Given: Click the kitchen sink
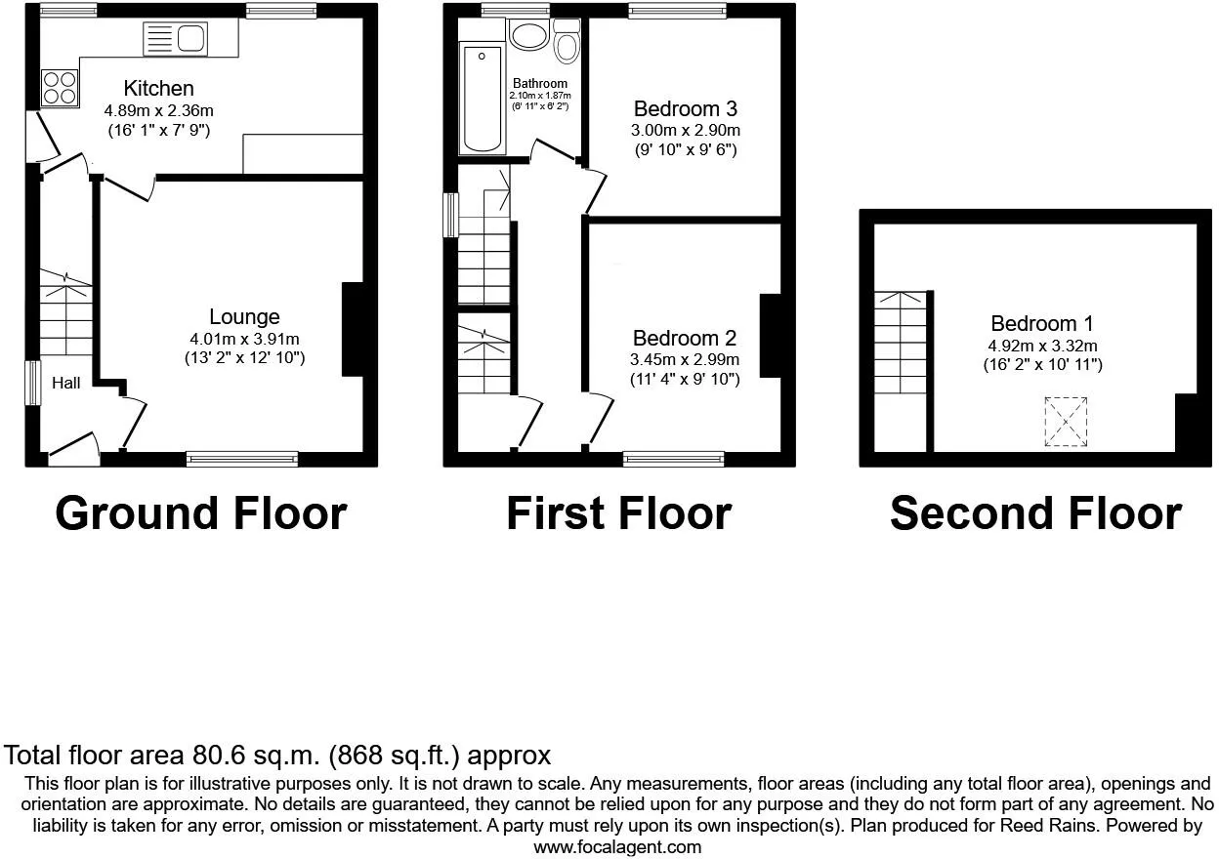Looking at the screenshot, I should click(x=176, y=39).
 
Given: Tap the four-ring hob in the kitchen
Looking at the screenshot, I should click(x=60, y=88).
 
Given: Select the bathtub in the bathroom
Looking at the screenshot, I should click(x=482, y=99).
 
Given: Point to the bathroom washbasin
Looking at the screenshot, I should click(x=529, y=36).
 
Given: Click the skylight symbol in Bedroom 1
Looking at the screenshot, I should click(x=1066, y=422).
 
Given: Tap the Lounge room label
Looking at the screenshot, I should click(x=244, y=316).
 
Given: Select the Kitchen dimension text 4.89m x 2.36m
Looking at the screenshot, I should click(x=158, y=109).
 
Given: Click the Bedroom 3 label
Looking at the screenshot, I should click(x=685, y=108).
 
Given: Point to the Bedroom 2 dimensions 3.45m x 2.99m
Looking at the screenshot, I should click(x=685, y=359).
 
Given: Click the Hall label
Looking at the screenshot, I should click(x=66, y=384).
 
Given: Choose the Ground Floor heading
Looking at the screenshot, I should click(x=201, y=513).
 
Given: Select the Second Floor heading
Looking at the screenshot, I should click(x=1035, y=513).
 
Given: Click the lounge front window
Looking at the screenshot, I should click(x=242, y=459).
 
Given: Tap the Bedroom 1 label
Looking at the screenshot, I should click(x=1041, y=323).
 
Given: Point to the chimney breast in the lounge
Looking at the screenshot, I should click(x=352, y=330).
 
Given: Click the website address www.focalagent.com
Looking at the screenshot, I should click(x=616, y=846).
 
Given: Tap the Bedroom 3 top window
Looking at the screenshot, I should click(x=677, y=11).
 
